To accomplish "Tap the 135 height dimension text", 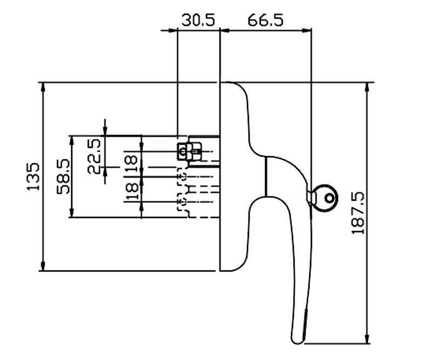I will click(x=33, y=175).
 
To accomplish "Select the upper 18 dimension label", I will click(x=131, y=162).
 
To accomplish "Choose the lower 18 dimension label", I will click(x=131, y=192).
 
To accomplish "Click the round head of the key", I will click(x=326, y=198).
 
